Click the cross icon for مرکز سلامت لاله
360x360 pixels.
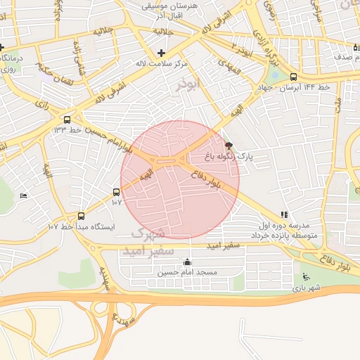[162, 53]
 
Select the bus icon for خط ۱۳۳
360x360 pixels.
[67, 120]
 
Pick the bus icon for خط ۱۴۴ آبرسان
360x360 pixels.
[293, 77]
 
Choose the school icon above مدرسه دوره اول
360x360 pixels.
[283, 215]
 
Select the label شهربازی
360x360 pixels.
[307, 288]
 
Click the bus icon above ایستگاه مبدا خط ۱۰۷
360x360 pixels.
[81, 217]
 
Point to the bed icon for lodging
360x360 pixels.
[24, 195]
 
